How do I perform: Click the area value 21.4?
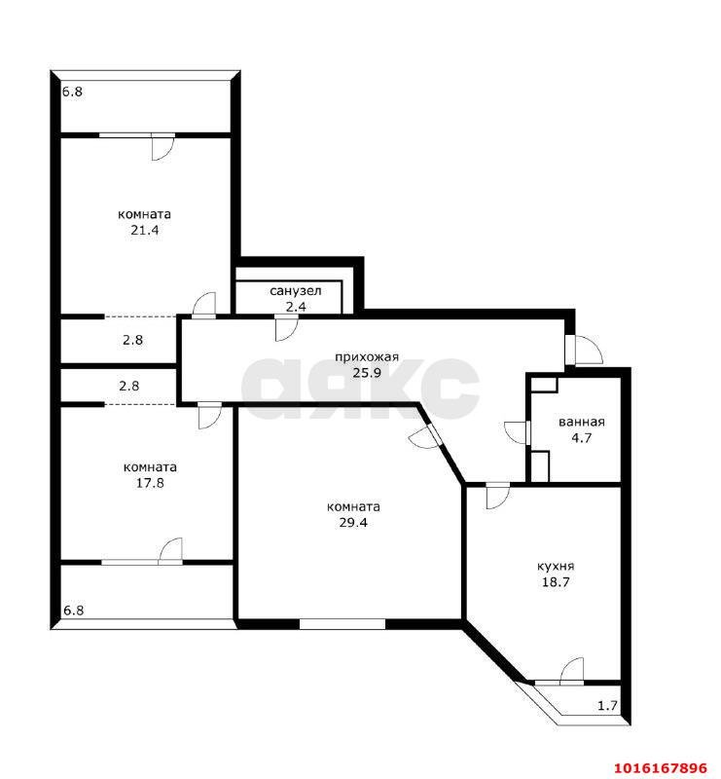pos(145,230)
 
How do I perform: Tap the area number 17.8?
pos(150,483)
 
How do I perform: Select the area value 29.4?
pos(353,523)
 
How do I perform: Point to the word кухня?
pos(556,567)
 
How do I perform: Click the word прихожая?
pos(367,357)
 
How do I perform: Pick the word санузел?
pos(296,291)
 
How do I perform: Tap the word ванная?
pos(582,423)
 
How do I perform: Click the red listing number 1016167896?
pos(661,767)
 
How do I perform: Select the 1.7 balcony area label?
pos(607,705)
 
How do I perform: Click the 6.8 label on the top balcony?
pos(73,92)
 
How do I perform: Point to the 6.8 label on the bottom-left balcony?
pos(74,611)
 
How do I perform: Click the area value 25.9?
pos(367,373)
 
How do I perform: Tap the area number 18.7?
pos(556,582)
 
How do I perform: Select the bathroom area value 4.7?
pos(582,438)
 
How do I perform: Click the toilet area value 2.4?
pos(296,307)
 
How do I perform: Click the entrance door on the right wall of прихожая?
pos(584,350)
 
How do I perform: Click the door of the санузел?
pos(286,328)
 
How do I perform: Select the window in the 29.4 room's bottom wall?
pos(342,624)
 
